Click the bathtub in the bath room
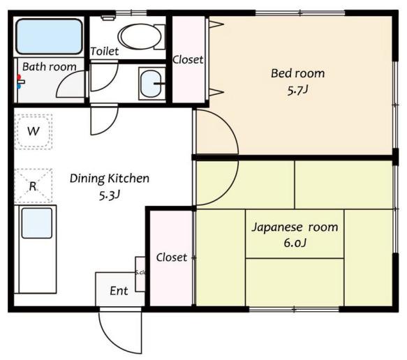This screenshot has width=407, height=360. coord(49,36)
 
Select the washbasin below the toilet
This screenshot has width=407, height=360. coord(149,84)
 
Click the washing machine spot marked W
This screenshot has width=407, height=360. coord(33,131)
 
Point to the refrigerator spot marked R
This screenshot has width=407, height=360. coord(33,186)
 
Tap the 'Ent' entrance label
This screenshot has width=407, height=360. coord(119,291)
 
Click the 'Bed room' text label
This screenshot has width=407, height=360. coord(297,73)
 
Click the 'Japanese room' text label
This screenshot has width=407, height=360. coord(294,227)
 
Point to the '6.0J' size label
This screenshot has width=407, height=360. coord(294,243)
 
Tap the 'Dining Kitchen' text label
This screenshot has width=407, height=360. coord(109,178)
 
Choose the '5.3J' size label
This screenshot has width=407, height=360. coord(109,195)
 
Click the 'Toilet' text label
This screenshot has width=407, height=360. coord(104,52)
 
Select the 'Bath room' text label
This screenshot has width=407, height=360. coord(48,67)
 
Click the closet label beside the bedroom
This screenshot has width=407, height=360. coord(188,59)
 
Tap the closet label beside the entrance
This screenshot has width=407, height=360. coord(171,257)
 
